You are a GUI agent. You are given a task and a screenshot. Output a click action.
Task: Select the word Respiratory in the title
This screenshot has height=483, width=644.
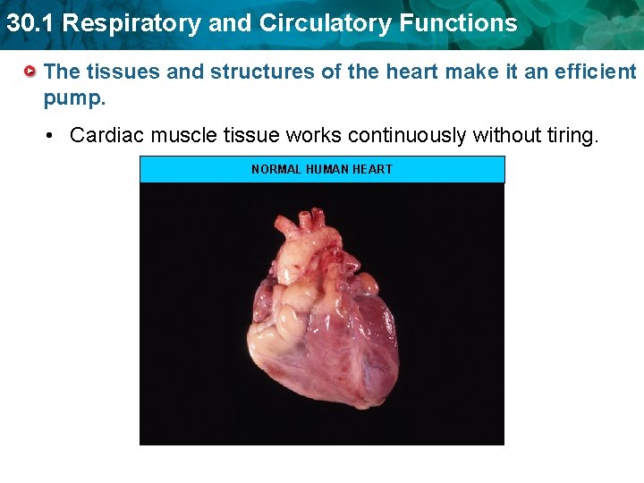[120, 23]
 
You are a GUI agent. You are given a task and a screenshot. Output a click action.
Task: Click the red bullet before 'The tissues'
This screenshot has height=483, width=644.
[30, 70]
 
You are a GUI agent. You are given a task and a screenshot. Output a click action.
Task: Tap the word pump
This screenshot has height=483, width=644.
[74, 96]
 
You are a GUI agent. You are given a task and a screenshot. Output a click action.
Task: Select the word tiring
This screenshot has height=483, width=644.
[565, 135]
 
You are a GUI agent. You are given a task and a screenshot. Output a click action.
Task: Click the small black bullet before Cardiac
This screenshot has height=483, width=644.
[52, 136]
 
